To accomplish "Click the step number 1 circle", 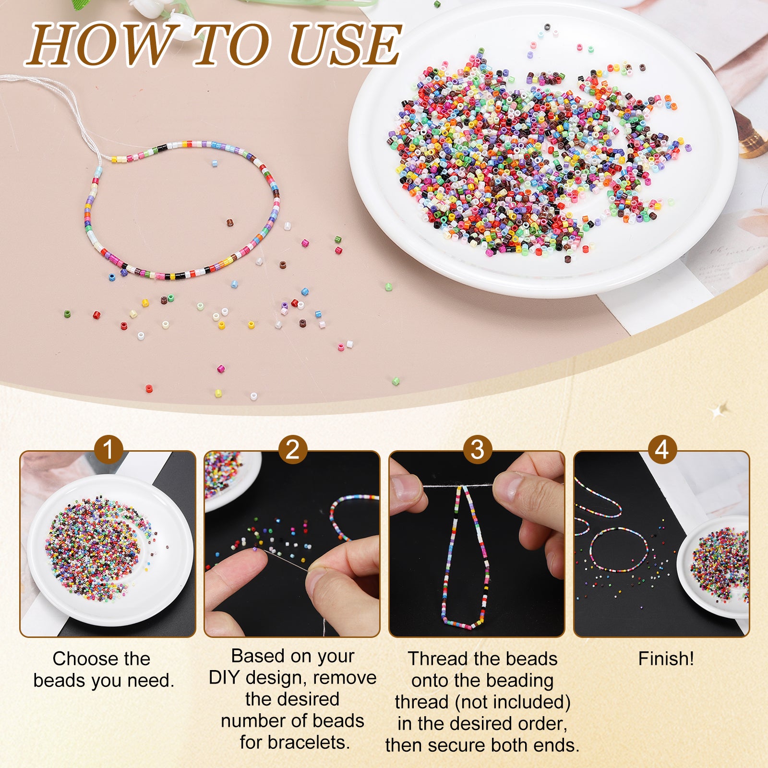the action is pyautogui.click(x=108, y=450).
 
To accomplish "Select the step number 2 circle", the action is pyautogui.click(x=293, y=450).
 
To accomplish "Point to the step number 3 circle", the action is pyautogui.click(x=478, y=450).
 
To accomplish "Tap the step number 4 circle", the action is pyautogui.click(x=662, y=450).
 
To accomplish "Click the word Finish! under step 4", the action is pyautogui.click(x=666, y=659).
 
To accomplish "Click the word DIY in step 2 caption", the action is pyautogui.click(x=224, y=678).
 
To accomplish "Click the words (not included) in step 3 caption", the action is pyautogui.click(x=513, y=702).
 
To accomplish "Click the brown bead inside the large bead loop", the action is pyautogui.click(x=230, y=223).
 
